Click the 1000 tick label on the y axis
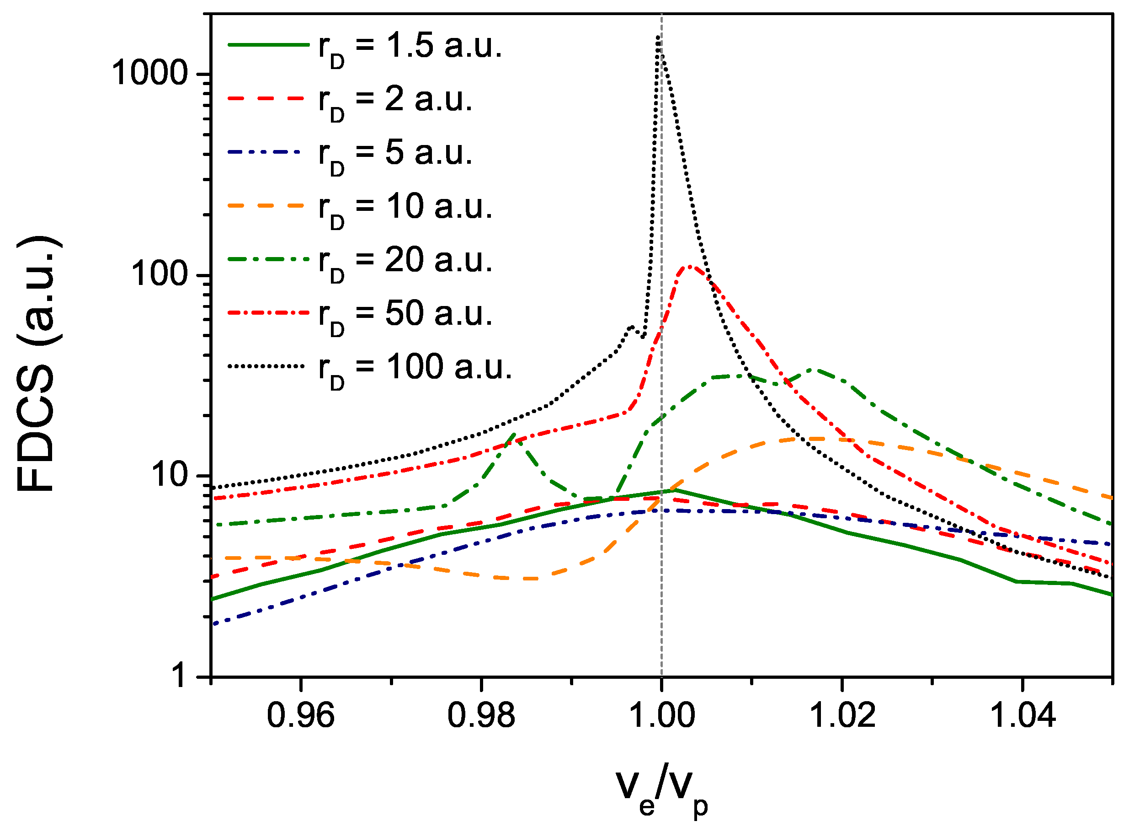click(149, 74)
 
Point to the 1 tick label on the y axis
click(179, 676)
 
